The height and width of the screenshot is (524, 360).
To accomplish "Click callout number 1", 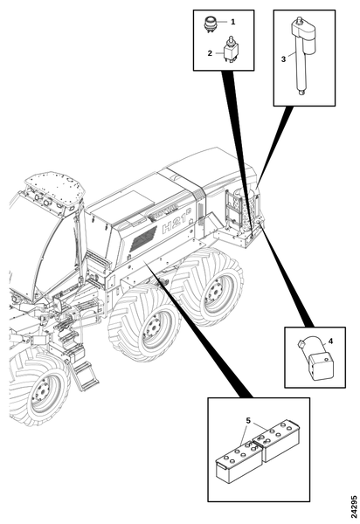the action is coord(233,22).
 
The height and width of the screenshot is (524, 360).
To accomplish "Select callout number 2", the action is coord(210,53).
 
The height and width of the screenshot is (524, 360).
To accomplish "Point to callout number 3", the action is coord(283,59).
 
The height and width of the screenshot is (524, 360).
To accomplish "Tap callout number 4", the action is coord(330,341).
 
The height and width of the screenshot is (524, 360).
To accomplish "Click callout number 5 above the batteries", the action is coord(248,420).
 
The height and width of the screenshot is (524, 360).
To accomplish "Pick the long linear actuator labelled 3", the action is coord(301,55).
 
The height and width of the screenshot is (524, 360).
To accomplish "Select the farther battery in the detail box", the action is coord(277,440).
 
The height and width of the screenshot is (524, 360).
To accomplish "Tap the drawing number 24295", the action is coord(354,509).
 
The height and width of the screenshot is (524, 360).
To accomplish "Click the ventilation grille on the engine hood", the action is coord(143,239).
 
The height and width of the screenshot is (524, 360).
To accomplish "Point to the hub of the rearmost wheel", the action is coord(215,291).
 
